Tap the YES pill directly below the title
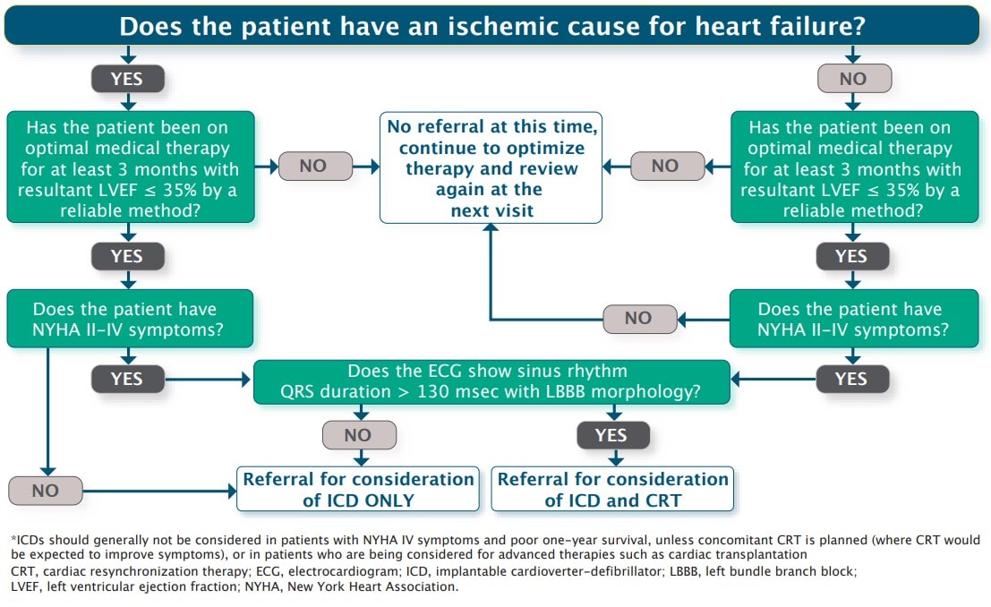[128, 79]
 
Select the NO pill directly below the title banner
[855, 79]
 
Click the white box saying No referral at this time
[491, 168]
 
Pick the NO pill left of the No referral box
[314, 166]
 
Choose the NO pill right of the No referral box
[667, 166]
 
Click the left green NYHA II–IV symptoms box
[130, 319]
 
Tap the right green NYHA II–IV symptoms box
[854, 319]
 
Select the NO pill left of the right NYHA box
[639, 318]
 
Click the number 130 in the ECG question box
[431, 392]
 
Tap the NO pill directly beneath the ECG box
[359, 435]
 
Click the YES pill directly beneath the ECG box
[613, 435]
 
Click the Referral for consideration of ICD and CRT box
[612, 489]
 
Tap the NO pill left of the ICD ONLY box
[46, 491]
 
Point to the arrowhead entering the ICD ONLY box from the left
[232, 491]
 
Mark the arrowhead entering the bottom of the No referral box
[491, 227]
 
